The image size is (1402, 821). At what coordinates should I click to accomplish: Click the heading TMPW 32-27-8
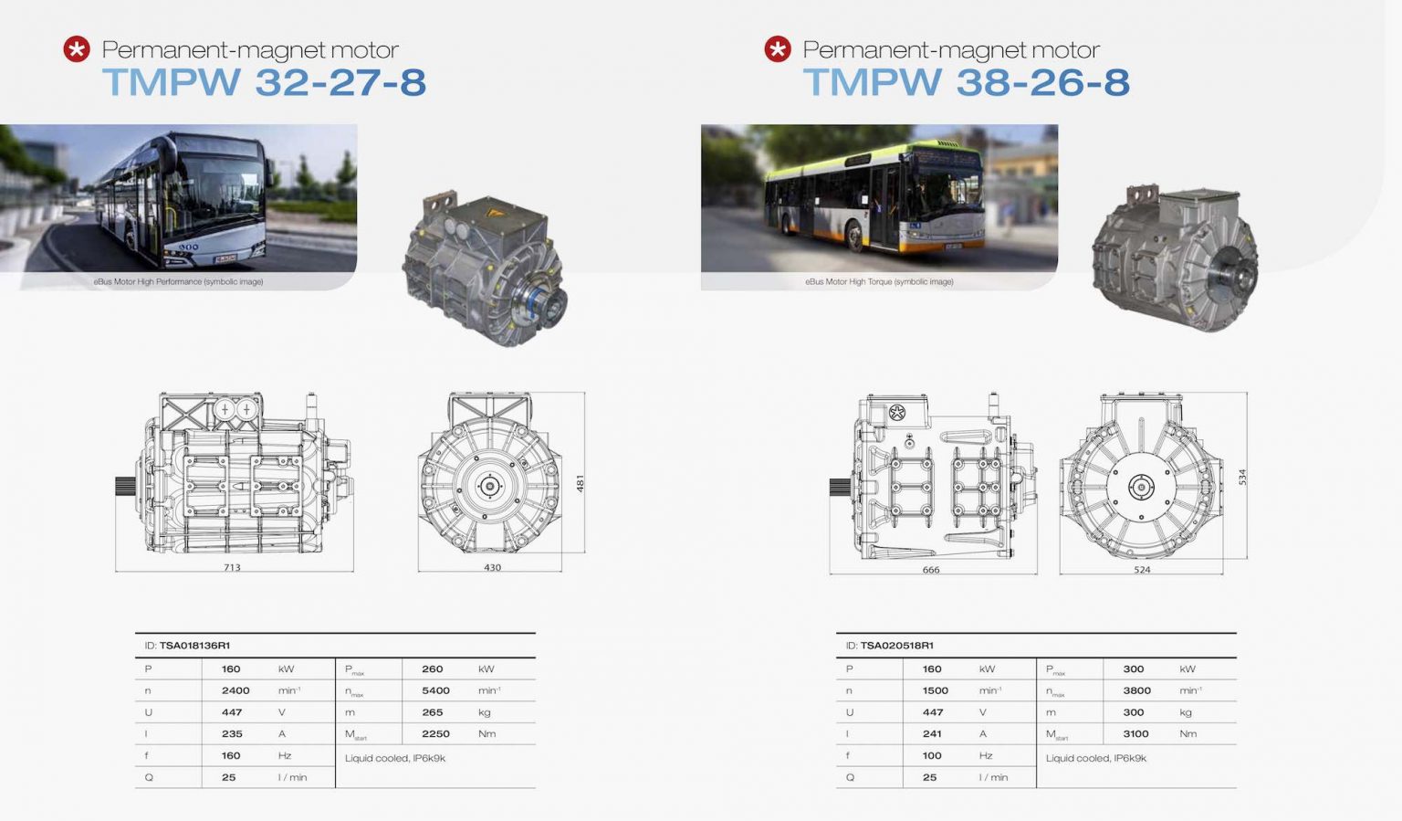264,82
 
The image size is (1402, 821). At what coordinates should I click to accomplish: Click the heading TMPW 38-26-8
966,82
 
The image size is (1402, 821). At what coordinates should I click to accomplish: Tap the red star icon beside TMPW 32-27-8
77,49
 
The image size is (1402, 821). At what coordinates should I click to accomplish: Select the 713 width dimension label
232,567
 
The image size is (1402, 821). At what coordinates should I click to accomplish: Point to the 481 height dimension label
580,483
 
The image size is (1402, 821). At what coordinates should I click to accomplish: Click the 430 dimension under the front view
492,567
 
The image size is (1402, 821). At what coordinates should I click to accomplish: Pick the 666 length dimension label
930,570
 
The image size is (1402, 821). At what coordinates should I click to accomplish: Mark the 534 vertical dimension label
1241,478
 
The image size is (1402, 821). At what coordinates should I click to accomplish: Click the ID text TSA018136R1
194,646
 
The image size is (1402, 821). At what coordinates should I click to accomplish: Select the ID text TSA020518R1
896,646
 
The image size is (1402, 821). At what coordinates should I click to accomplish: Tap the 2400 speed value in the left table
235,690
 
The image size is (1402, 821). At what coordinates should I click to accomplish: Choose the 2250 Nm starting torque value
435,734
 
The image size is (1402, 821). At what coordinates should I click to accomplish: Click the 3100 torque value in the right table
1135,734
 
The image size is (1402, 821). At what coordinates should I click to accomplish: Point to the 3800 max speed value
1136,690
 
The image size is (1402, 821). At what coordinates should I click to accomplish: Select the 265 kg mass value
432,712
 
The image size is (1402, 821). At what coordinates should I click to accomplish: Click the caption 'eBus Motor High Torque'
879,281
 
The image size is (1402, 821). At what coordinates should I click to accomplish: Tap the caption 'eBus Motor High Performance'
178,281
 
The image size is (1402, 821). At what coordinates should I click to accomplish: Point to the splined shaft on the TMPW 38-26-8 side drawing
840,487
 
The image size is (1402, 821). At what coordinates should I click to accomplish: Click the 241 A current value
932,734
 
